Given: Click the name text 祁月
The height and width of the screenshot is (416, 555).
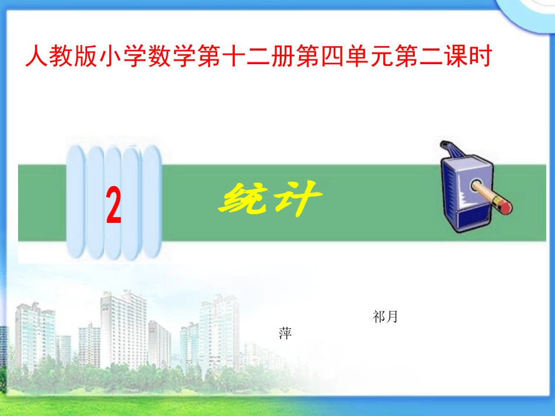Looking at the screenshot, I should click(x=385, y=317).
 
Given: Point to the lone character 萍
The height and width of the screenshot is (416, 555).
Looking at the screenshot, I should click(x=285, y=334).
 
